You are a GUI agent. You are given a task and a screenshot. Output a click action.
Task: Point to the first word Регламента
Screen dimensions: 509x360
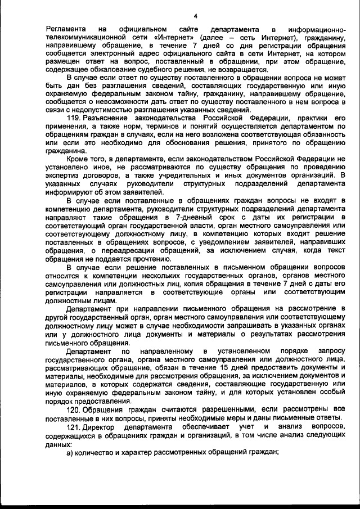pos(66,29)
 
